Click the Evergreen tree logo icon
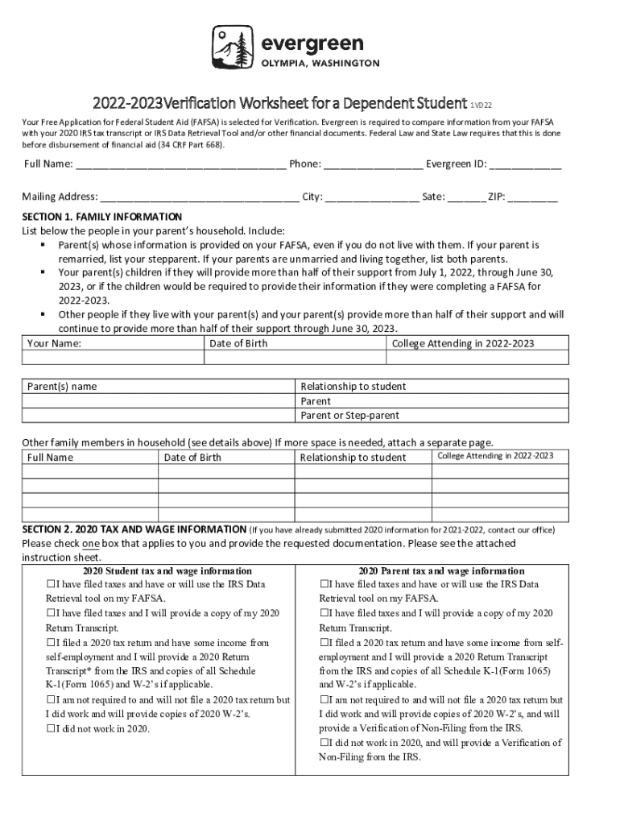click(x=231, y=48)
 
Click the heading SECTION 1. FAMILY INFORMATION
click(x=102, y=217)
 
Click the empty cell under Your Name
click(x=112, y=358)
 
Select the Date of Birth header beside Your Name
click(x=238, y=343)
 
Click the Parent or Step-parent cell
click(x=349, y=416)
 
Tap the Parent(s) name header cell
click(x=62, y=387)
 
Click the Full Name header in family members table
click(x=50, y=458)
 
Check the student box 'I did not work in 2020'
click(x=52, y=729)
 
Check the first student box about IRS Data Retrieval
click(x=52, y=584)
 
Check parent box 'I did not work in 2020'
click(x=325, y=743)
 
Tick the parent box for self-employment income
click(x=325, y=643)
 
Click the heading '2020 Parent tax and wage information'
click(x=441, y=570)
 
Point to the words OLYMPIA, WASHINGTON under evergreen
click(x=319, y=64)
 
